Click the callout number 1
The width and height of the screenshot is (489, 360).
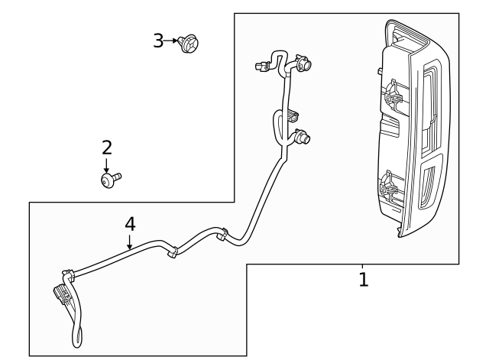[364, 279]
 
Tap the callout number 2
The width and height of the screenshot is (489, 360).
[107, 148]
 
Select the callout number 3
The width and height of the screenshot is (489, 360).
[158, 41]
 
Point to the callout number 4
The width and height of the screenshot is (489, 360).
[130, 224]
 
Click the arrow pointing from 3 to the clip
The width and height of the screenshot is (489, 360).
[170, 41]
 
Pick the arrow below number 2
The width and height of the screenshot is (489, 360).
[107, 165]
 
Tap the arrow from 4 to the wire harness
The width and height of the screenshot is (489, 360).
[130, 242]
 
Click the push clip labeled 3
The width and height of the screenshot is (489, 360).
[189, 44]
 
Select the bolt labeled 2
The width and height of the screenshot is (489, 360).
[111, 180]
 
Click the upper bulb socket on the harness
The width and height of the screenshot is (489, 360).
[303, 63]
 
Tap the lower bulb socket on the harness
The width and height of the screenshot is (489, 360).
[303, 137]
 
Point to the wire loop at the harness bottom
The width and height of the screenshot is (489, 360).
[77, 336]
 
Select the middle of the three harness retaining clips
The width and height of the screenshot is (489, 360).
[172, 252]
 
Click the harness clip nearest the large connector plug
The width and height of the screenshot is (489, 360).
[68, 274]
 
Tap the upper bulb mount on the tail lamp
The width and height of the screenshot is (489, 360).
[390, 94]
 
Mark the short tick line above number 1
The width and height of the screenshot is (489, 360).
[362, 266]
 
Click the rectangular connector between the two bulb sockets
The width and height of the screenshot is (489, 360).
[293, 115]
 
